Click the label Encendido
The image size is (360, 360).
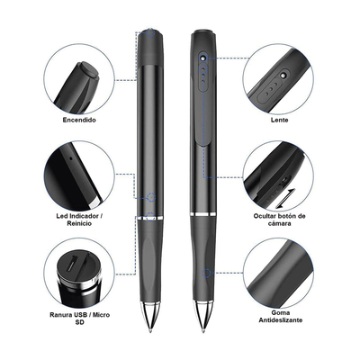tap(79, 120)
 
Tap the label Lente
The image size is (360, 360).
tap(279, 120)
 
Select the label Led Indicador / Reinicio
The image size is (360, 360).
tap(77, 220)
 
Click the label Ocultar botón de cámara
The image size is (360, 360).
tap(279, 220)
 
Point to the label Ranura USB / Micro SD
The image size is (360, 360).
tap(79, 319)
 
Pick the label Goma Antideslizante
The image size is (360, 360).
tap(281, 317)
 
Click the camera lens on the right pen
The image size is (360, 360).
tap(203, 57)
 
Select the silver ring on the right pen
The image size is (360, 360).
tap(203, 214)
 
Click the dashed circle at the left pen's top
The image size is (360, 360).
tap(150, 32)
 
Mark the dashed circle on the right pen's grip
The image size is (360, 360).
tap(206, 273)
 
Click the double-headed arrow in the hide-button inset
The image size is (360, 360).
tap(285, 198)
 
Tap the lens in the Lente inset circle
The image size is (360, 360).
tap(283, 75)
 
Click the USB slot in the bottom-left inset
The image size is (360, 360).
tap(73, 263)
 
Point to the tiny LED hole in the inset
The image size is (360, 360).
tap(71, 157)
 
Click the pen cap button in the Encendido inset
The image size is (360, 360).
tap(89, 71)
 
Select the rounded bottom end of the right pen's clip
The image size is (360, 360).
tap(203, 143)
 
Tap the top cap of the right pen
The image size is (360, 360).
tap(204, 32)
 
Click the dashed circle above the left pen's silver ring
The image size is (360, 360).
tap(152, 197)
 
